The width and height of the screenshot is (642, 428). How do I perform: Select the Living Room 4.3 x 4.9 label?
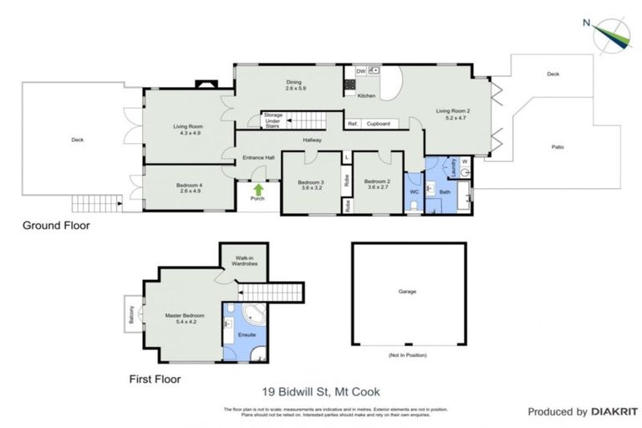(x=188, y=130)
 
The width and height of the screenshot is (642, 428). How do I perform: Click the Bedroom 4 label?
(x=188, y=187)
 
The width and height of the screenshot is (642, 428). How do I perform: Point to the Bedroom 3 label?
(x=310, y=184)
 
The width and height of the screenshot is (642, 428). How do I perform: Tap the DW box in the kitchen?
(x=360, y=72)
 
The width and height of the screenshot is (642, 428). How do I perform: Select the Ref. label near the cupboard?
(x=353, y=124)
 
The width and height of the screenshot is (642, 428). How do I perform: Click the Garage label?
(x=407, y=292)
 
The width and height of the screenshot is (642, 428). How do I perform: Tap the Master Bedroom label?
(x=185, y=318)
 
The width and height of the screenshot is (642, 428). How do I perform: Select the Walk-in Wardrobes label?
(x=244, y=261)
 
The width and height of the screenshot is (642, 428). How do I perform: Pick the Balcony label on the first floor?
(x=131, y=316)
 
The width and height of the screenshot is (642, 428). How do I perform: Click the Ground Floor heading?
(x=55, y=226)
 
